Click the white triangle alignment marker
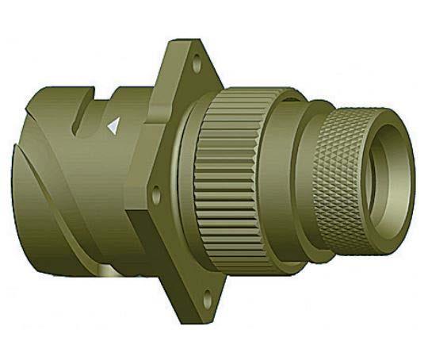113,125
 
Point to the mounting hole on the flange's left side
156,192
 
